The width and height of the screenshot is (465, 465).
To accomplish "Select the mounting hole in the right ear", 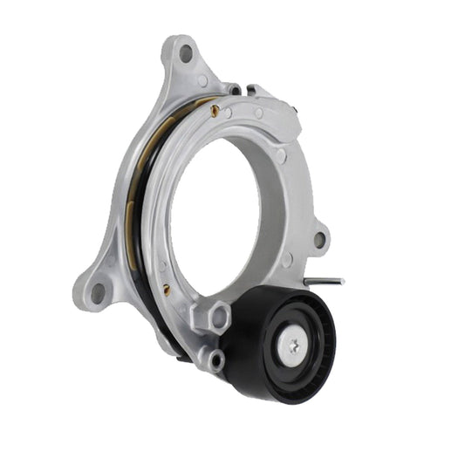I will tap(320, 238).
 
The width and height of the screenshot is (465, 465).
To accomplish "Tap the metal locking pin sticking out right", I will tap(329, 281).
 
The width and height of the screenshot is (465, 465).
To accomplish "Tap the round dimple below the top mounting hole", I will tap(202, 81).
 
